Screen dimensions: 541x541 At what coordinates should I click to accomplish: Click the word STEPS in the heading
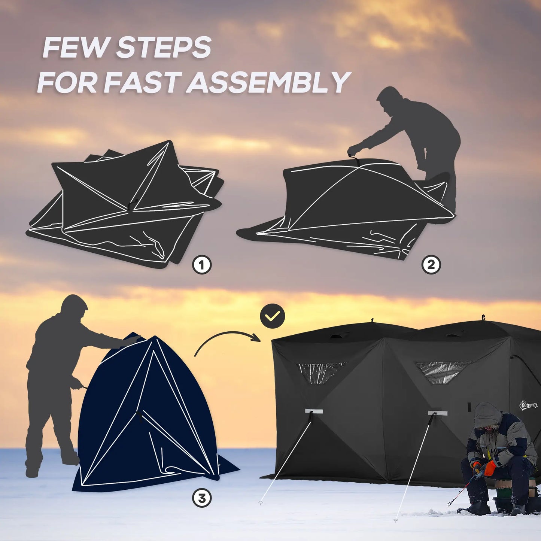pyautogui.click(x=164, y=48)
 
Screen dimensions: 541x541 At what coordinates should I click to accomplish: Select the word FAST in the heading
pyautogui.click(x=143, y=83)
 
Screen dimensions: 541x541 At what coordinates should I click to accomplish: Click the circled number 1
pyautogui.click(x=202, y=265)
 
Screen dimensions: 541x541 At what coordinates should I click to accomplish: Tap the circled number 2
pyautogui.click(x=431, y=265)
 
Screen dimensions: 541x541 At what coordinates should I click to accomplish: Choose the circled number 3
pyautogui.click(x=202, y=498)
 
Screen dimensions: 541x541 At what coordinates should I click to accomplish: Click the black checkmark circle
pyautogui.click(x=272, y=316)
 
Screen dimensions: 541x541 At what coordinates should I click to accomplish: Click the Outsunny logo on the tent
pyautogui.click(x=528, y=405)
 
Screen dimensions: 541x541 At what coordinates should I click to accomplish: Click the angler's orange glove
pyautogui.click(x=490, y=468)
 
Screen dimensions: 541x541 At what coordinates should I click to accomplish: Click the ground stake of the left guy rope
pyautogui.click(x=261, y=503)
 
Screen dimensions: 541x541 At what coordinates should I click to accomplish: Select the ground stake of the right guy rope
pyautogui.click(x=396, y=520)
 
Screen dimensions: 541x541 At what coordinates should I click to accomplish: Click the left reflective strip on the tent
pyautogui.click(x=314, y=411)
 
